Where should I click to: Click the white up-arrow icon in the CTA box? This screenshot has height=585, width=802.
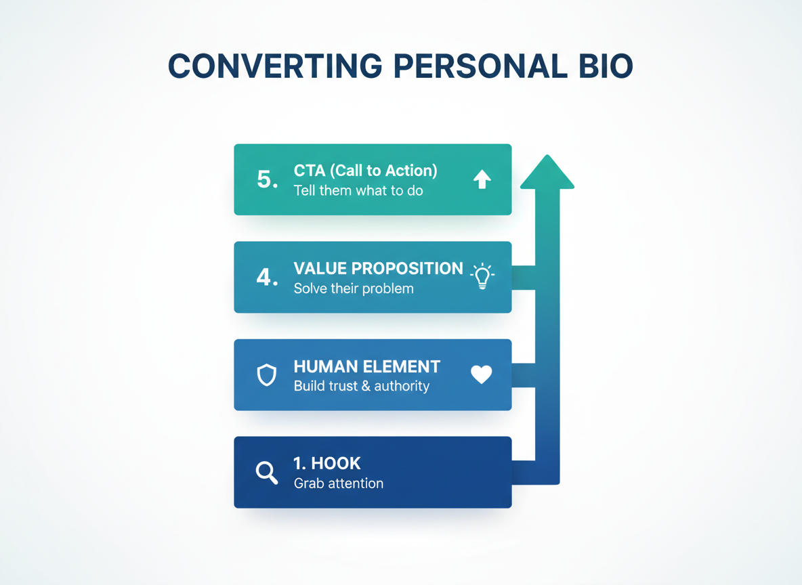point(482,179)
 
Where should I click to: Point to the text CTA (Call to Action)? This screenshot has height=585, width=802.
point(365,171)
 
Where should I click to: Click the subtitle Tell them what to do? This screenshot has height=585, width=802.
point(358,191)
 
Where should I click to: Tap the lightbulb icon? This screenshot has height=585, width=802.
point(482,276)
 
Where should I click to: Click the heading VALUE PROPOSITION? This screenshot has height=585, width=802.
point(378,268)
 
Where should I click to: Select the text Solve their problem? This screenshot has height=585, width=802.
point(353,288)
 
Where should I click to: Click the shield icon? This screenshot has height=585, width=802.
point(267,374)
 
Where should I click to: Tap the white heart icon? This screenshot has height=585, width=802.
point(482,374)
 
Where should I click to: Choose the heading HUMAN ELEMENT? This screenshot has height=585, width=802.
point(366,367)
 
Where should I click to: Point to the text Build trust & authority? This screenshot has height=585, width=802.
point(361,386)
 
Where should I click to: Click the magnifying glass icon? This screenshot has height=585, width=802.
point(267,473)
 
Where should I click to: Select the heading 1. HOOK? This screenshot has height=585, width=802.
point(326,464)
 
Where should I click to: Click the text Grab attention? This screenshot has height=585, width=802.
point(338,483)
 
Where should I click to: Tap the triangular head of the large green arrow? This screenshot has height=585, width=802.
point(547,173)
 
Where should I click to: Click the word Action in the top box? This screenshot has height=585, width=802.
point(413,171)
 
